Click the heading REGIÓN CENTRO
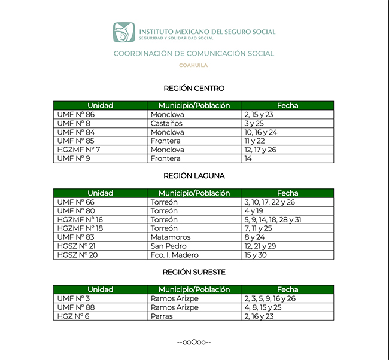point(194,89)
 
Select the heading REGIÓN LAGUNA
point(194,176)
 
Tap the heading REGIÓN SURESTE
point(194,272)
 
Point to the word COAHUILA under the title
point(193,65)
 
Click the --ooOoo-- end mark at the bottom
point(194,343)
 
